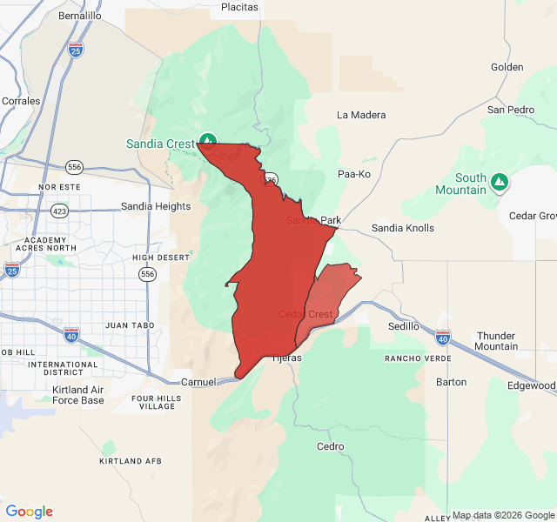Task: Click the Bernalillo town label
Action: point(79,16)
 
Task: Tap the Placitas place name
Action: point(239,7)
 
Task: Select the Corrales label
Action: point(21,101)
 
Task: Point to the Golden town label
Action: point(507,67)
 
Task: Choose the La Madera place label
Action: point(361,115)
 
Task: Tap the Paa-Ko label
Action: point(353,174)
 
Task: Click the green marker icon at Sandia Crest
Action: point(208,139)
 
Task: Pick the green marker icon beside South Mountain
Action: point(499,182)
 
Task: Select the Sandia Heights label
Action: point(156,206)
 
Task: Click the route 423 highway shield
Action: point(60,211)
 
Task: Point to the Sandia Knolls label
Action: point(403,228)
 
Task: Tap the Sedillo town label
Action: point(404,326)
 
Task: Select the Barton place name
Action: point(451,382)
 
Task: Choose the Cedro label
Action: point(331,446)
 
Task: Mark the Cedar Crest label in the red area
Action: point(305,314)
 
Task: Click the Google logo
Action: point(30,512)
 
